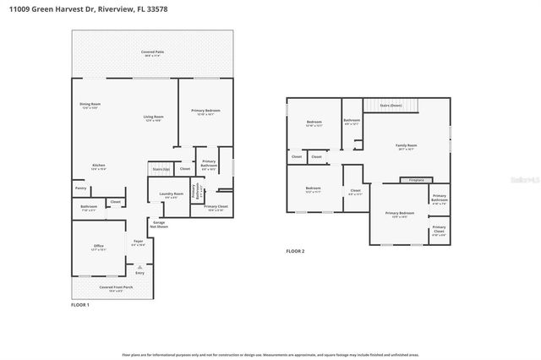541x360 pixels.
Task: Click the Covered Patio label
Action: (x=153, y=53)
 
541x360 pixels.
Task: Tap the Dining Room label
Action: (x=90, y=105)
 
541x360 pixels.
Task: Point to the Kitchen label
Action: (x=99, y=166)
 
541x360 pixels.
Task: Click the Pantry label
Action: (x=80, y=188)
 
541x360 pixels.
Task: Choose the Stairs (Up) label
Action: (x=161, y=170)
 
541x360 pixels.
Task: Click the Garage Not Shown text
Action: (x=159, y=224)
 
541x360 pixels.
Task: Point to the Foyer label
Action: (x=139, y=243)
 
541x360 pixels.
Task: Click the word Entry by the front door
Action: (x=140, y=272)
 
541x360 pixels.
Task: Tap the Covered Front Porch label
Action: (x=116, y=288)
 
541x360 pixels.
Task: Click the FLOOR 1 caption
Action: (x=80, y=304)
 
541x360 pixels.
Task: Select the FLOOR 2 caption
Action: (x=295, y=251)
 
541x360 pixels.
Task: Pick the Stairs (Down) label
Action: (x=391, y=105)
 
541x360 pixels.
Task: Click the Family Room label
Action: (x=407, y=146)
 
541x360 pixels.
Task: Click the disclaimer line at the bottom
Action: (x=270, y=354)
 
